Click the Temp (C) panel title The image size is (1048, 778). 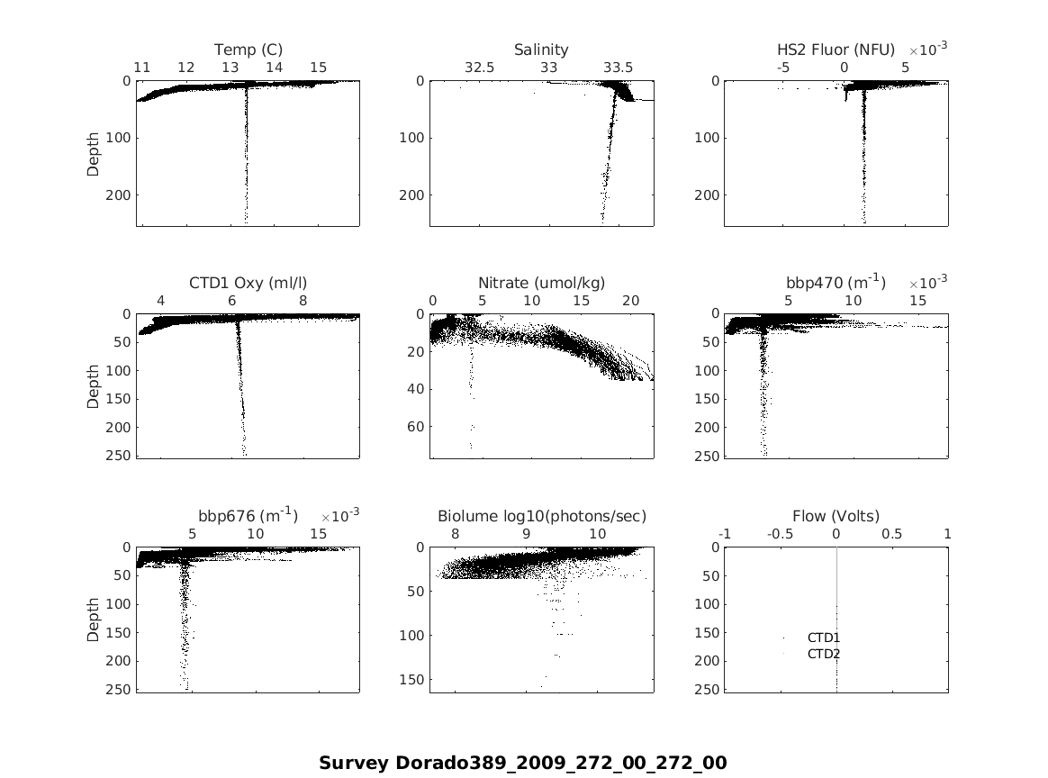248,50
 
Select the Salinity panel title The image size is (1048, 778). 541,50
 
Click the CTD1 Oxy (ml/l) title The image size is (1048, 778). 248,283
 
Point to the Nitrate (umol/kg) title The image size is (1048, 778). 541,283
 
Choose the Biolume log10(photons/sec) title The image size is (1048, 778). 542,516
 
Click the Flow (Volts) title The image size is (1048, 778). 836,516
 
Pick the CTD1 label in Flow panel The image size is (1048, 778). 823,638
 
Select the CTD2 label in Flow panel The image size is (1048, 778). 823,654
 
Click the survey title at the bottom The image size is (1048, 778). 522,764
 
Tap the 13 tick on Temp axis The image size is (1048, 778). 230,68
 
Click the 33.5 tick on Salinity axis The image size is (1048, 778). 618,68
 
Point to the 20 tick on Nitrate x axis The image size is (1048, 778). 630,301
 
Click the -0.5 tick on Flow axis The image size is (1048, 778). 780,534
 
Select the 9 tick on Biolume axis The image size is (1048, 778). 527,534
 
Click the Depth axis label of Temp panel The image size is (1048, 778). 94,154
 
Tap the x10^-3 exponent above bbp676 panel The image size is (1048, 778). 340,516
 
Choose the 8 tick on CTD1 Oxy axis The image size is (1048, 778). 303,301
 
